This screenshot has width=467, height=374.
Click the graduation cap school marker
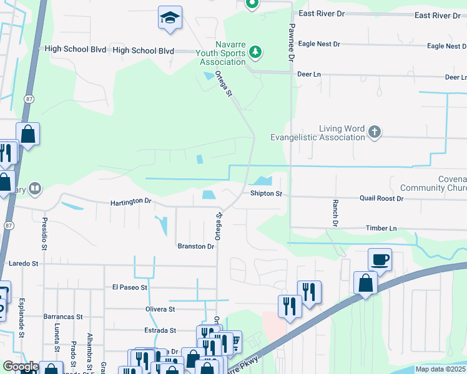pyautogui.click(x=169, y=19)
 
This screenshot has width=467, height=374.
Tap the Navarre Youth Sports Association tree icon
pyautogui.click(x=255, y=52)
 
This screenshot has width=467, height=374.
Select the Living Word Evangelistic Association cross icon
pyautogui.click(x=374, y=131)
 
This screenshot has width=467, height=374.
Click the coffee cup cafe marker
pyautogui.click(x=380, y=259)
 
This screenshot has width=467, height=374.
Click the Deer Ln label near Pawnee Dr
pyautogui.click(x=308, y=74)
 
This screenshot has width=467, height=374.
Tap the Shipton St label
pyautogui.click(x=267, y=194)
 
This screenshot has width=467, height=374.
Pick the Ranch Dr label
pyautogui.click(x=335, y=214)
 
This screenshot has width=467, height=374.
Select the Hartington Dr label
pyautogui.click(x=131, y=202)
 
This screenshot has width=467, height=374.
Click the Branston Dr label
pyautogui.click(x=197, y=246)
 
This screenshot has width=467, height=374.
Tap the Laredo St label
pyautogui.click(x=24, y=264)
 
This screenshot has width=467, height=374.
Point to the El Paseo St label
pyautogui.click(x=129, y=287)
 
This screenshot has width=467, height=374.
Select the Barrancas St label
pyautogui.click(x=63, y=317)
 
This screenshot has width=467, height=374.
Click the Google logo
pyautogui.click(x=21, y=367)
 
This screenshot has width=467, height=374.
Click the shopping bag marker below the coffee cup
pyautogui.click(x=365, y=282)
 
